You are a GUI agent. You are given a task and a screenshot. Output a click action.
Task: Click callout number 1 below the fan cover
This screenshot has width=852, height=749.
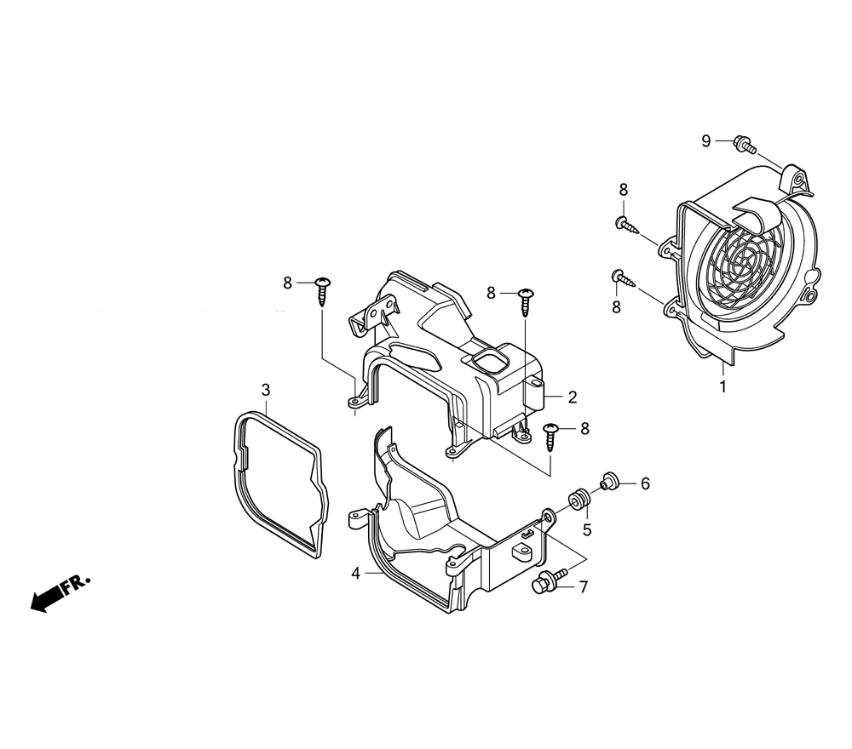point(722,386)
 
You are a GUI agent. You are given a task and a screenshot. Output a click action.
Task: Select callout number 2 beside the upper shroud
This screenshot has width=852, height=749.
point(573,397)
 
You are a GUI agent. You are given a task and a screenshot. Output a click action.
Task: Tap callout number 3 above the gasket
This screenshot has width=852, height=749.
point(266,390)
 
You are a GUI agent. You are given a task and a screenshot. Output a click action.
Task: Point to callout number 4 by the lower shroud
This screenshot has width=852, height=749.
point(356,573)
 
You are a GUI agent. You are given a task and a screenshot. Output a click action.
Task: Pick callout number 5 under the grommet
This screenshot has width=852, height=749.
point(587,529)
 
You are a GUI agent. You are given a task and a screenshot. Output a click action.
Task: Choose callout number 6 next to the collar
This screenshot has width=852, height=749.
point(646,483)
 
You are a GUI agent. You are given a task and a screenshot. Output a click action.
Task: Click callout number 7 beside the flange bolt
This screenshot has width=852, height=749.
point(584,586)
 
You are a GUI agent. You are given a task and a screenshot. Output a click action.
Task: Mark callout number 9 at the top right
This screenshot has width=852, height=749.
point(705,141)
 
